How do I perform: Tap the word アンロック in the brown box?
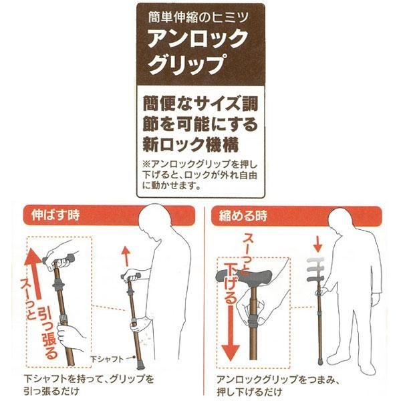196,39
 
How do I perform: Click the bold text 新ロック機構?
190,145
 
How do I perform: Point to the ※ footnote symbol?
147,164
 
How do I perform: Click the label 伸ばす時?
55,215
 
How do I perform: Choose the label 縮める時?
243,216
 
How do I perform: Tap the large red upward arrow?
35,273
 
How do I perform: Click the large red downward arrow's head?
231,352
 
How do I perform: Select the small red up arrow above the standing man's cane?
126,256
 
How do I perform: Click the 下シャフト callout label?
107,359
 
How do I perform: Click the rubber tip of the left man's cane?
140,366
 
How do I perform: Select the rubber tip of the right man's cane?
320,361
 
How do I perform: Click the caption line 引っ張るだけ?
51,391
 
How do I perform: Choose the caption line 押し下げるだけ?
249,392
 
